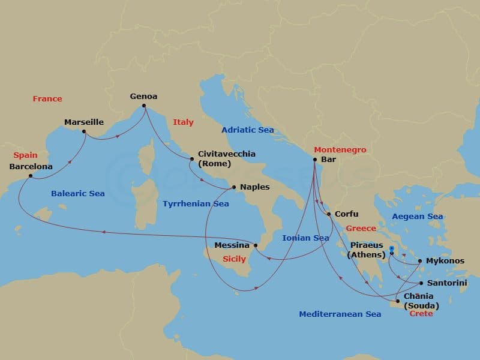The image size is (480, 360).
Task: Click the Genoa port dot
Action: (x=144, y=107)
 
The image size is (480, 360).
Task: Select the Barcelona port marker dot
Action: (x=31, y=176)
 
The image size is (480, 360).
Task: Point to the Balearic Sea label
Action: (x=78, y=193)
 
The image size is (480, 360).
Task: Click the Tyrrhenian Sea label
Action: (x=196, y=203)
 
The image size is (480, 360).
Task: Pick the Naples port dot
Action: (x=234, y=187)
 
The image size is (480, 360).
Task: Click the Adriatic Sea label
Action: (x=247, y=130)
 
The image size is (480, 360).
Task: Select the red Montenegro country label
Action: (x=340, y=149)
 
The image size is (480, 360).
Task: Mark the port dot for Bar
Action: (x=315, y=160)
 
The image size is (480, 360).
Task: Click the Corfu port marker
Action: (x=329, y=214)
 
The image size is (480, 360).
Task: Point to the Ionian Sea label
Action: (x=305, y=238)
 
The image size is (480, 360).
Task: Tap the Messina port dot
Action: (x=256, y=245)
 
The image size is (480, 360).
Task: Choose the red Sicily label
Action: (x=234, y=260)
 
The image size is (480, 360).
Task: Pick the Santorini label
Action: (x=445, y=283)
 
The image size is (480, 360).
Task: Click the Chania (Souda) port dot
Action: (x=398, y=301)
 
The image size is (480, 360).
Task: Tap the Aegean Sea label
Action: (x=417, y=217)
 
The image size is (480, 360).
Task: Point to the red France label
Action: (x=47, y=98)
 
